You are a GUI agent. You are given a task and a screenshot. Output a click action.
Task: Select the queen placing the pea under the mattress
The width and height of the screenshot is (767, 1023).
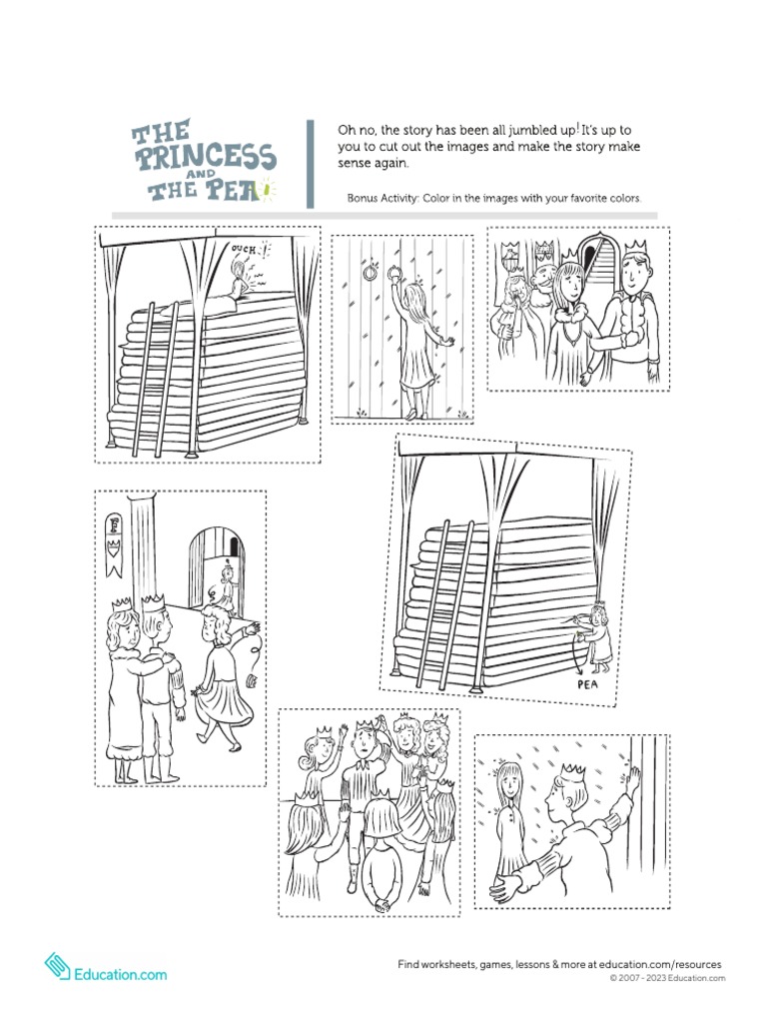(599, 635)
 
